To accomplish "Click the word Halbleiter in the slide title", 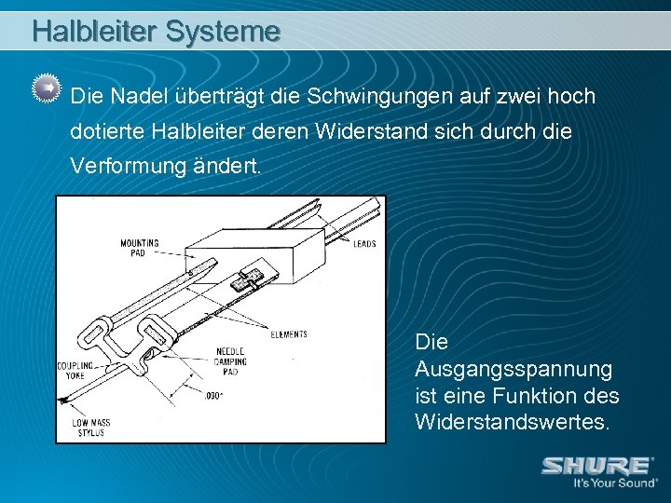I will tap(96, 32).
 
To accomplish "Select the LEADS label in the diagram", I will tap(363, 244).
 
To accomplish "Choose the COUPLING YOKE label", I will tap(76, 371).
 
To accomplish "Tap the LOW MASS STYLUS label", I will tap(90, 428).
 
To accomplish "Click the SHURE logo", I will tap(596, 466).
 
